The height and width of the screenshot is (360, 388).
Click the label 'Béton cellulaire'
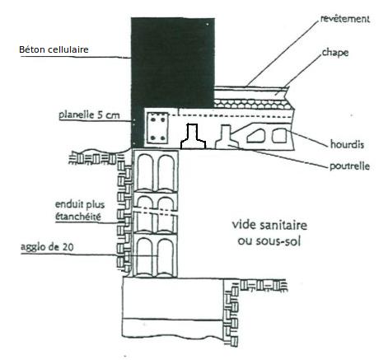[x=54, y=49]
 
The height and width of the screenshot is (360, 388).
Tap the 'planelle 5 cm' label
[x=90, y=115]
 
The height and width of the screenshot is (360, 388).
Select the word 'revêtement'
[x=345, y=19]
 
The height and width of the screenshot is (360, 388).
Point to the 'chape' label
[x=335, y=53]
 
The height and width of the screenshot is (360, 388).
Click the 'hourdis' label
[x=347, y=144]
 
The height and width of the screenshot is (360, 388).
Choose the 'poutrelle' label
[x=349, y=166]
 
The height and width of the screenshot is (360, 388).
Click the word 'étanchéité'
[x=78, y=217]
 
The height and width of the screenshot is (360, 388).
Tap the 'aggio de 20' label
[x=47, y=246]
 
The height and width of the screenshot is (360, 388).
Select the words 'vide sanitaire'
[x=269, y=225]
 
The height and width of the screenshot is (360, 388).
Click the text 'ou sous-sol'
[x=269, y=241]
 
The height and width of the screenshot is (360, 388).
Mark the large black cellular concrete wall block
[x=173, y=63]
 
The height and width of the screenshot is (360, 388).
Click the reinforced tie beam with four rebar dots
[x=157, y=128]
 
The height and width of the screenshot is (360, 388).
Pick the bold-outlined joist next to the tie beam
[x=193, y=137]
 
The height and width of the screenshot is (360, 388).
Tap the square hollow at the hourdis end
[x=279, y=136]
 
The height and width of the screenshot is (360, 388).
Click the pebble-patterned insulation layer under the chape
[x=252, y=104]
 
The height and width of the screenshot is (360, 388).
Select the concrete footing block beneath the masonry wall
[x=173, y=307]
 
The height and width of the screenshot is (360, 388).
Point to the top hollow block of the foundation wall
[x=156, y=171]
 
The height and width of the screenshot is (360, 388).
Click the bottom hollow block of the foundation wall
[x=155, y=255]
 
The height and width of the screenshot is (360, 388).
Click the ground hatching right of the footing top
[x=264, y=285]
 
